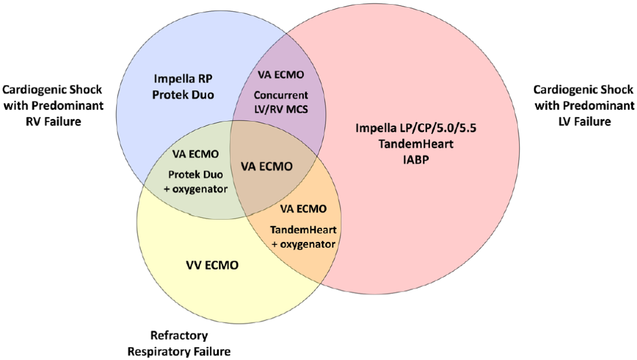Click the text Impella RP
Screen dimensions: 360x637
[182, 78]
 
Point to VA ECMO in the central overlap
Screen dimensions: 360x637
[268, 166]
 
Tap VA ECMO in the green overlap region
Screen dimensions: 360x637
[195, 154]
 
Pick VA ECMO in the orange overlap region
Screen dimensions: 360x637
[303, 208]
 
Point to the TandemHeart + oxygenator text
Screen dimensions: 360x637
[303, 236]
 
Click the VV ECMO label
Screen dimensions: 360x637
[209, 266]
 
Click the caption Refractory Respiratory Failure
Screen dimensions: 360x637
[179, 343]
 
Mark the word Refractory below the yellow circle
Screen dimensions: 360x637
[179, 336]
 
